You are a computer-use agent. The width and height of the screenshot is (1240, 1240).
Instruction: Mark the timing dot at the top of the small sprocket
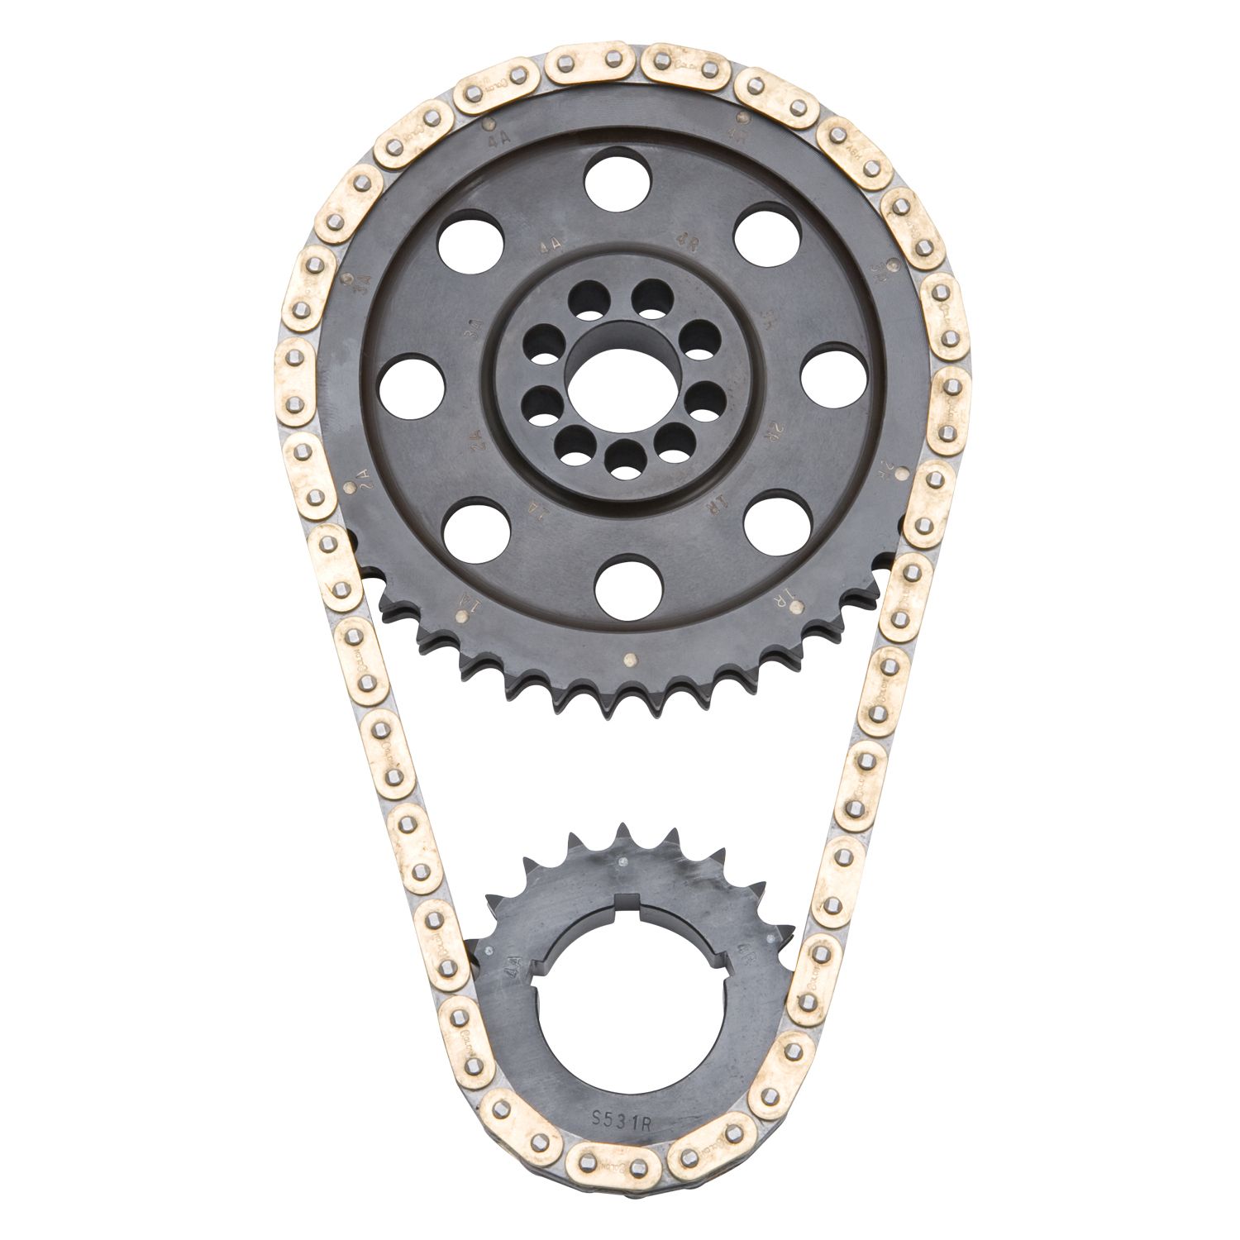point(620,861)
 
